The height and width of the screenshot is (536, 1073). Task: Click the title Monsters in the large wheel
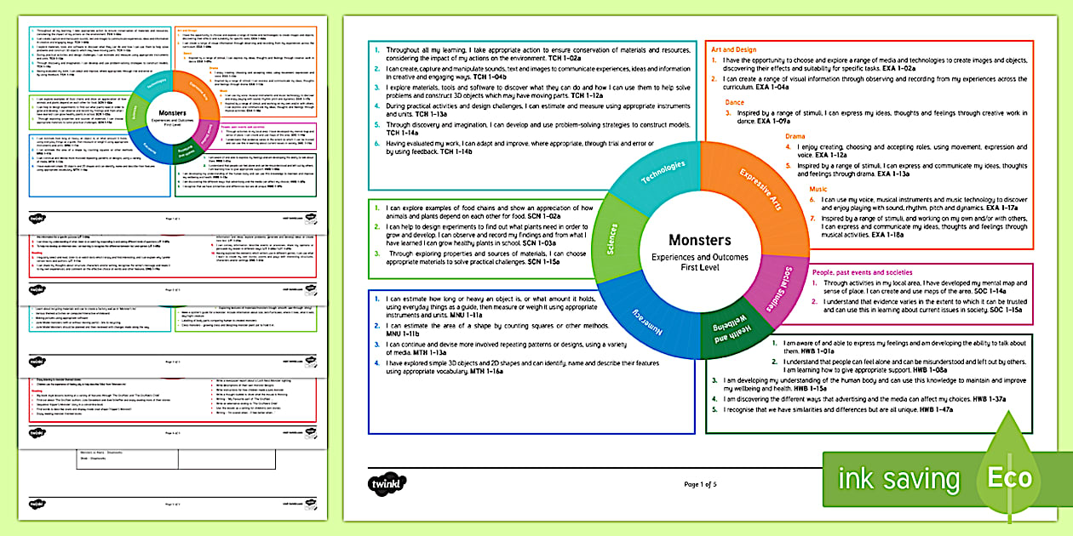click(x=700, y=240)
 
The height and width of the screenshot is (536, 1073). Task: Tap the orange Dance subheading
click(x=734, y=102)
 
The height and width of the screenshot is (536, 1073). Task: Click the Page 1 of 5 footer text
click(x=701, y=484)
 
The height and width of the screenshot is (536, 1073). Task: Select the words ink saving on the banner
click(x=898, y=478)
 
